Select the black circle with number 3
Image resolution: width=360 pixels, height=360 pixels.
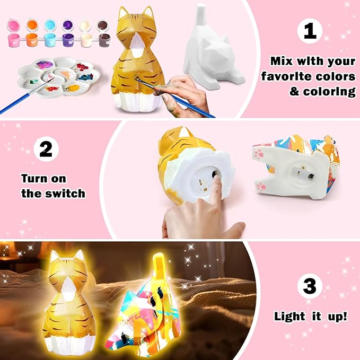pos(310,287)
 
